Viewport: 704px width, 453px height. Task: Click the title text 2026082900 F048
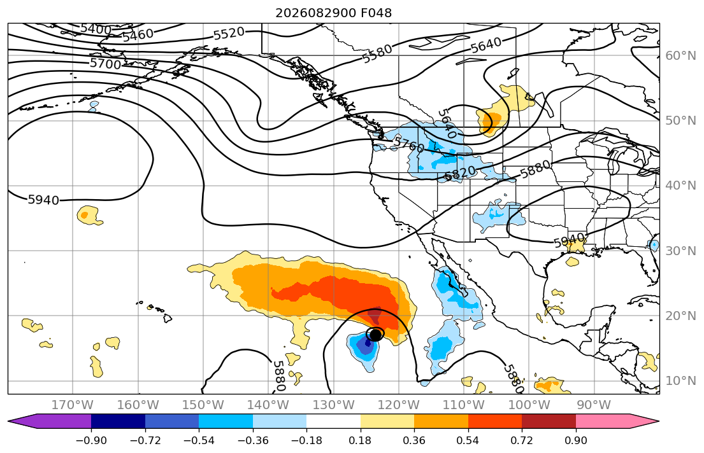pos(333,13)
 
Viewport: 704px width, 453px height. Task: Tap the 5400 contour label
pos(96,29)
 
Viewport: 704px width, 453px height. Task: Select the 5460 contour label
pos(138,35)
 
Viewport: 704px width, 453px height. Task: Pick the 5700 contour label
pos(106,64)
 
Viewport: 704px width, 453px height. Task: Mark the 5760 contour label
pos(409,144)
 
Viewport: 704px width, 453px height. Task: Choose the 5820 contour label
pos(460,172)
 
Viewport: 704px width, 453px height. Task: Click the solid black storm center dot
pos(375,335)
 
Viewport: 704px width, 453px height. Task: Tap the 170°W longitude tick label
pos(73,405)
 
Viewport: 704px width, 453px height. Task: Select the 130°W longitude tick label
pos(334,405)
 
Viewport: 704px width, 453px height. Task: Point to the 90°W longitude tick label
pos(594,405)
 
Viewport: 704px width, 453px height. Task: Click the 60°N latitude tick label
pos(680,55)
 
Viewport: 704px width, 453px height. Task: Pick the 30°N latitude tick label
pos(680,251)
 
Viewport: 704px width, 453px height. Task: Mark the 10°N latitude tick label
pos(680,381)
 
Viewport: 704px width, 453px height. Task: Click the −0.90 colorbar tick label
pos(91,440)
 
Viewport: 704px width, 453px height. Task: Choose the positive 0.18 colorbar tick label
pos(361,440)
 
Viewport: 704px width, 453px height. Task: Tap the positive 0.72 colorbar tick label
pos(522,440)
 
